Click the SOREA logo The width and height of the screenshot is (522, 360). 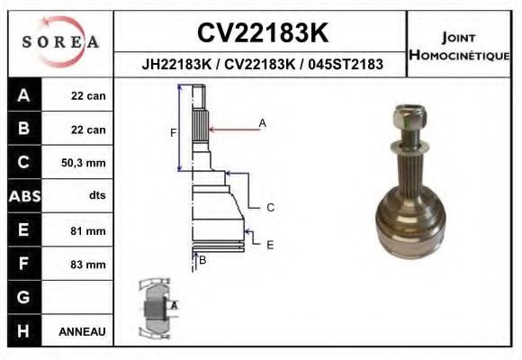click(x=60, y=42)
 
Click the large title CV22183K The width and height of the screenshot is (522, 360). click(x=261, y=33)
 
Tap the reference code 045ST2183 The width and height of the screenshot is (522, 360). click(x=346, y=65)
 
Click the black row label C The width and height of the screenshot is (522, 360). click(x=23, y=163)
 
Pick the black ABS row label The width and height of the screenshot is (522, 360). click(x=23, y=196)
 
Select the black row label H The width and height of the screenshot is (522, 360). click(x=23, y=331)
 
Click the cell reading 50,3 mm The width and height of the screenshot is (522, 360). click(x=82, y=163)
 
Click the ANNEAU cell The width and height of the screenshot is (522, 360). click(x=82, y=331)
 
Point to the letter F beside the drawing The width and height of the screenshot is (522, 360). click(x=174, y=133)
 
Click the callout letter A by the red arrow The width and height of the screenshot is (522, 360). click(x=263, y=122)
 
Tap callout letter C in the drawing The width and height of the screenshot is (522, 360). click(x=269, y=207)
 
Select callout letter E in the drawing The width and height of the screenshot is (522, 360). click(x=269, y=244)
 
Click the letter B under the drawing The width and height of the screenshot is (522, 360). click(x=202, y=260)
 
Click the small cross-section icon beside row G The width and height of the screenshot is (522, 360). click(x=156, y=309)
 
